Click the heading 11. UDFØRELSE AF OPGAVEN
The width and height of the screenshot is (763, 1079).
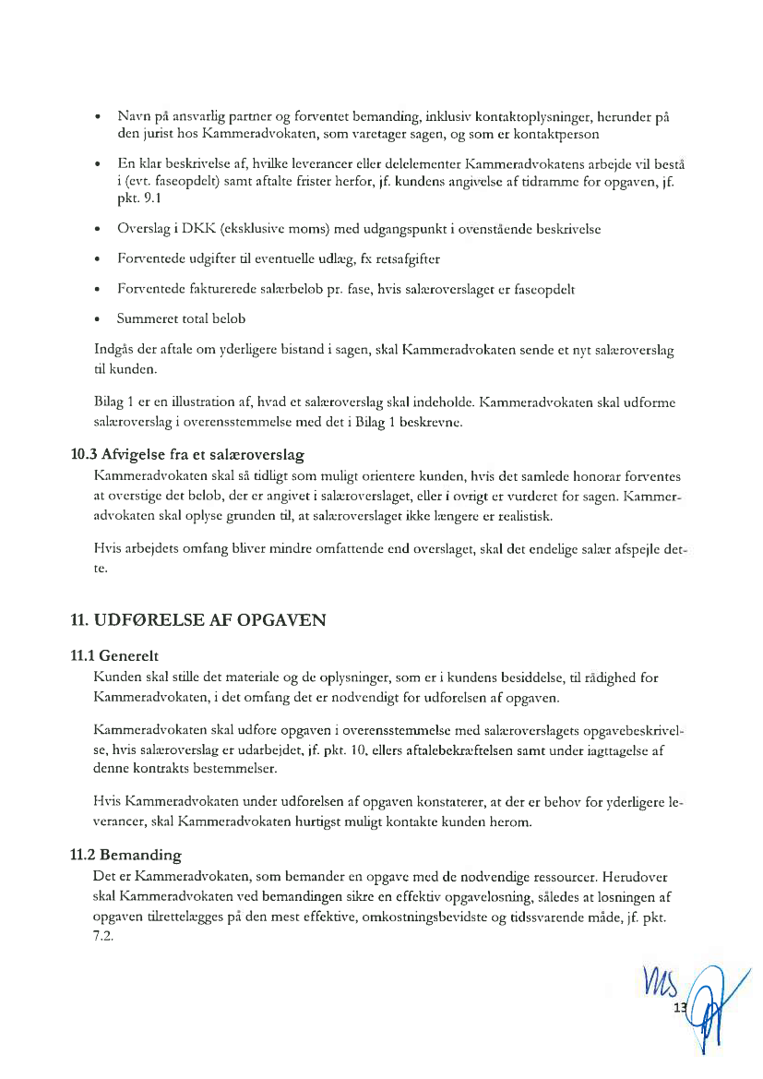point(198,620)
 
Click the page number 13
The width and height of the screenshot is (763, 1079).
point(682,1007)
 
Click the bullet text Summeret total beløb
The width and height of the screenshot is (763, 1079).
point(181,318)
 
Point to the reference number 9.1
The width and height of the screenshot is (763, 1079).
point(127,198)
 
